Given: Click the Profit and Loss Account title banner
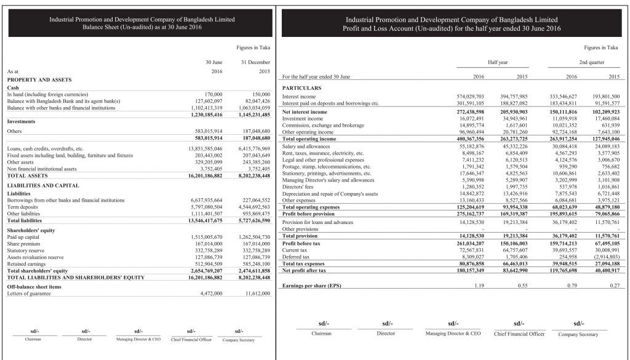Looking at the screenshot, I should coord(452,24).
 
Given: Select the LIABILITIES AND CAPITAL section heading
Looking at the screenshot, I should coord(42,185).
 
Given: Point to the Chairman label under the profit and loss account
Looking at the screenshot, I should coord(322,334).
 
